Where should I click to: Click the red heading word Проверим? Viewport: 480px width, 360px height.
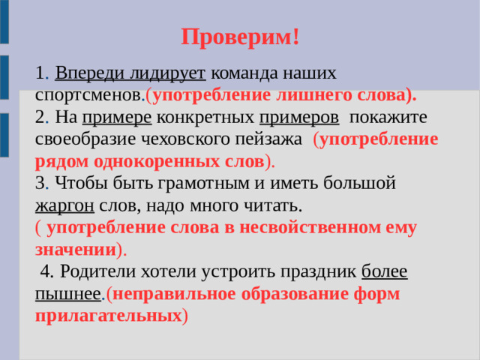coord(240,37)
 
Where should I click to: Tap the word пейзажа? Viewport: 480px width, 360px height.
coord(272,140)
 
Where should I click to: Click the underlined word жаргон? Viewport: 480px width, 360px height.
coord(64,205)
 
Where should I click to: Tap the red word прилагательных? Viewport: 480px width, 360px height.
coord(108,315)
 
